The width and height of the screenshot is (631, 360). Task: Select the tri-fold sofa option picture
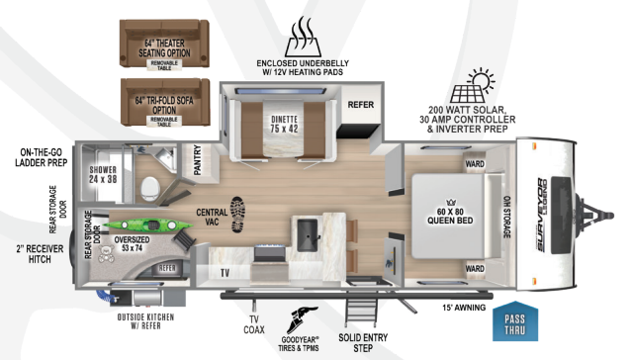coord(164,103)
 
